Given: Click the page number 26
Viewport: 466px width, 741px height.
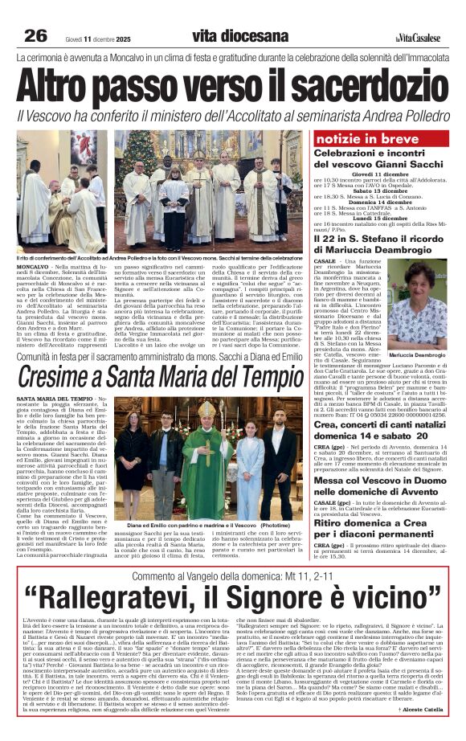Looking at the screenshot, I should coord(35,36).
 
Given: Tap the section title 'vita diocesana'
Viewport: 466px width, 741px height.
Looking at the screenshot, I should coord(239,36).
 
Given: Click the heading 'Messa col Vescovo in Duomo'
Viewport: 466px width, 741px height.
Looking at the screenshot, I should coord(374,454).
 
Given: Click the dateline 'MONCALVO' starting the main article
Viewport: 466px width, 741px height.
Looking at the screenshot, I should coord(32,264).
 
